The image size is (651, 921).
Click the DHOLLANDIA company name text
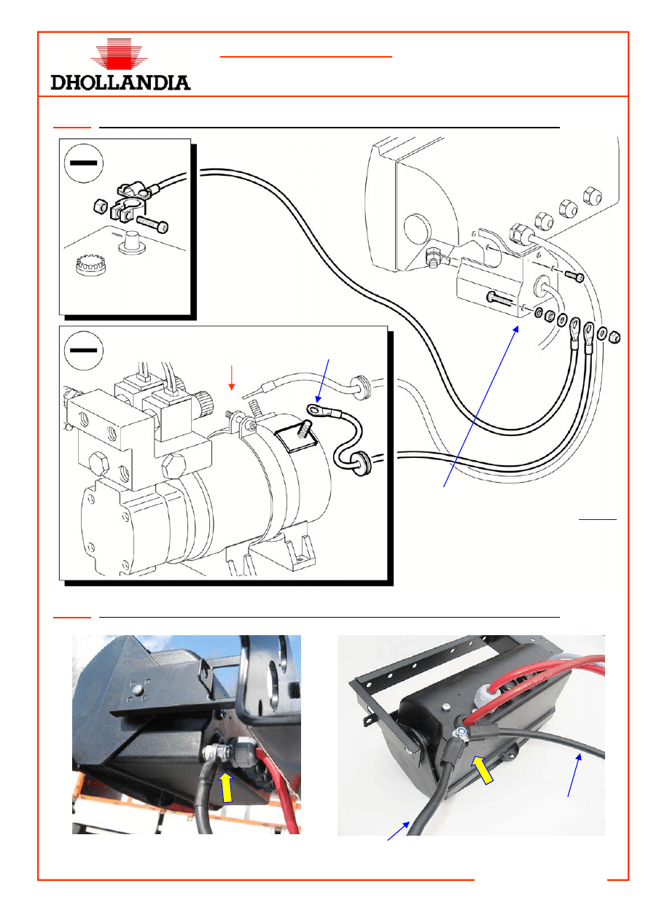tap(121, 82)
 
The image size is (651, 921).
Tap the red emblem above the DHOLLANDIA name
tap(122, 55)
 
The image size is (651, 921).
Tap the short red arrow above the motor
tap(232, 376)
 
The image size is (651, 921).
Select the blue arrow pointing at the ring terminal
tap(324, 383)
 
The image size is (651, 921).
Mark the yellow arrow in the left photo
tap(227, 788)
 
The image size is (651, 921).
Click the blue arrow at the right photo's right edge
tap(576, 776)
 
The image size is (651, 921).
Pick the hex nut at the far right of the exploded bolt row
tap(614, 337)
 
